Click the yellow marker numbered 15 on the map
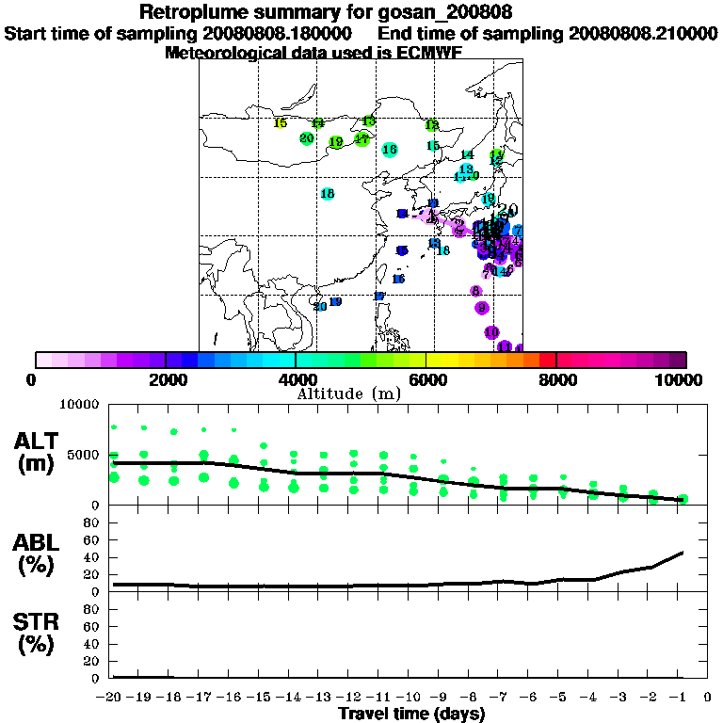[280, 123]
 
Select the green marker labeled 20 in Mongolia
[306, 138]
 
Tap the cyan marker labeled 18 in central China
[328, 194]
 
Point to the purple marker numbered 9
[482, 308]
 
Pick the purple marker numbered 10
[491, 332]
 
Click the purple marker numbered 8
[476, 291]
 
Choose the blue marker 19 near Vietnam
[335, 302]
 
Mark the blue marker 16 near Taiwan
[398, 279]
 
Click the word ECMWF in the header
[428, 53]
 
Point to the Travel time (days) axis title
[411, 714]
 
